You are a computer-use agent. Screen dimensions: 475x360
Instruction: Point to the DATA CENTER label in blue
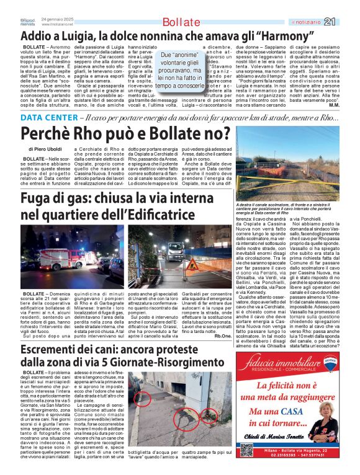click(x=48, y=118)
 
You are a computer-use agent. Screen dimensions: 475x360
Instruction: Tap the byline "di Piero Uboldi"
click(x=45, y=149)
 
